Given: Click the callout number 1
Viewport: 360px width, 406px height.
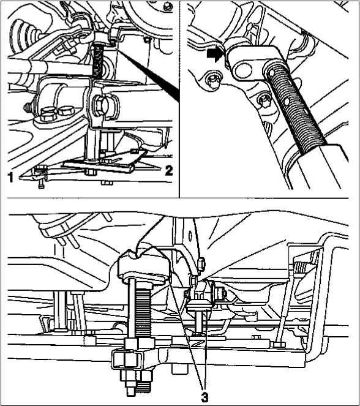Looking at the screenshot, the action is [10, 178].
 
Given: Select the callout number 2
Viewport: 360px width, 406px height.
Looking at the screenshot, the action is [169, 171].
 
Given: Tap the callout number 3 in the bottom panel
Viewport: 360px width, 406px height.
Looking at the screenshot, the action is [204, 397].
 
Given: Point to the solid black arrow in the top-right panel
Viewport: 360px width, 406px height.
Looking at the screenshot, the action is [214, 56].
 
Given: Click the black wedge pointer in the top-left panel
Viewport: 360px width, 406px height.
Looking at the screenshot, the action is [148, 73].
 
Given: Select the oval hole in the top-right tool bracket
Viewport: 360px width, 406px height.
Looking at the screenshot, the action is [243, 70].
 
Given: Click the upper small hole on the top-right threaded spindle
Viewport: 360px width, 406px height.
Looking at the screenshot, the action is [271, 73].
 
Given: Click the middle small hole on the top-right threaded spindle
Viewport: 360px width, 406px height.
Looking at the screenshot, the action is [287, 102].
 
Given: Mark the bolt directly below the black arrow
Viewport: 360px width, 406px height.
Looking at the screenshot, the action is [212, 81].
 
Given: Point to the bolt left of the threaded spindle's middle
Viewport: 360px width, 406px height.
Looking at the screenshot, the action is [264, 100].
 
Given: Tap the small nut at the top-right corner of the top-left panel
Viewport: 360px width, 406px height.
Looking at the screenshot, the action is [168, 7].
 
